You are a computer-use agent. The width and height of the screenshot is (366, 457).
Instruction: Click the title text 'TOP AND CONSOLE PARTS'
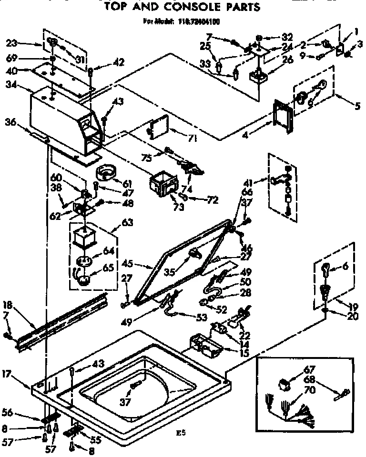click(183, 7)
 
